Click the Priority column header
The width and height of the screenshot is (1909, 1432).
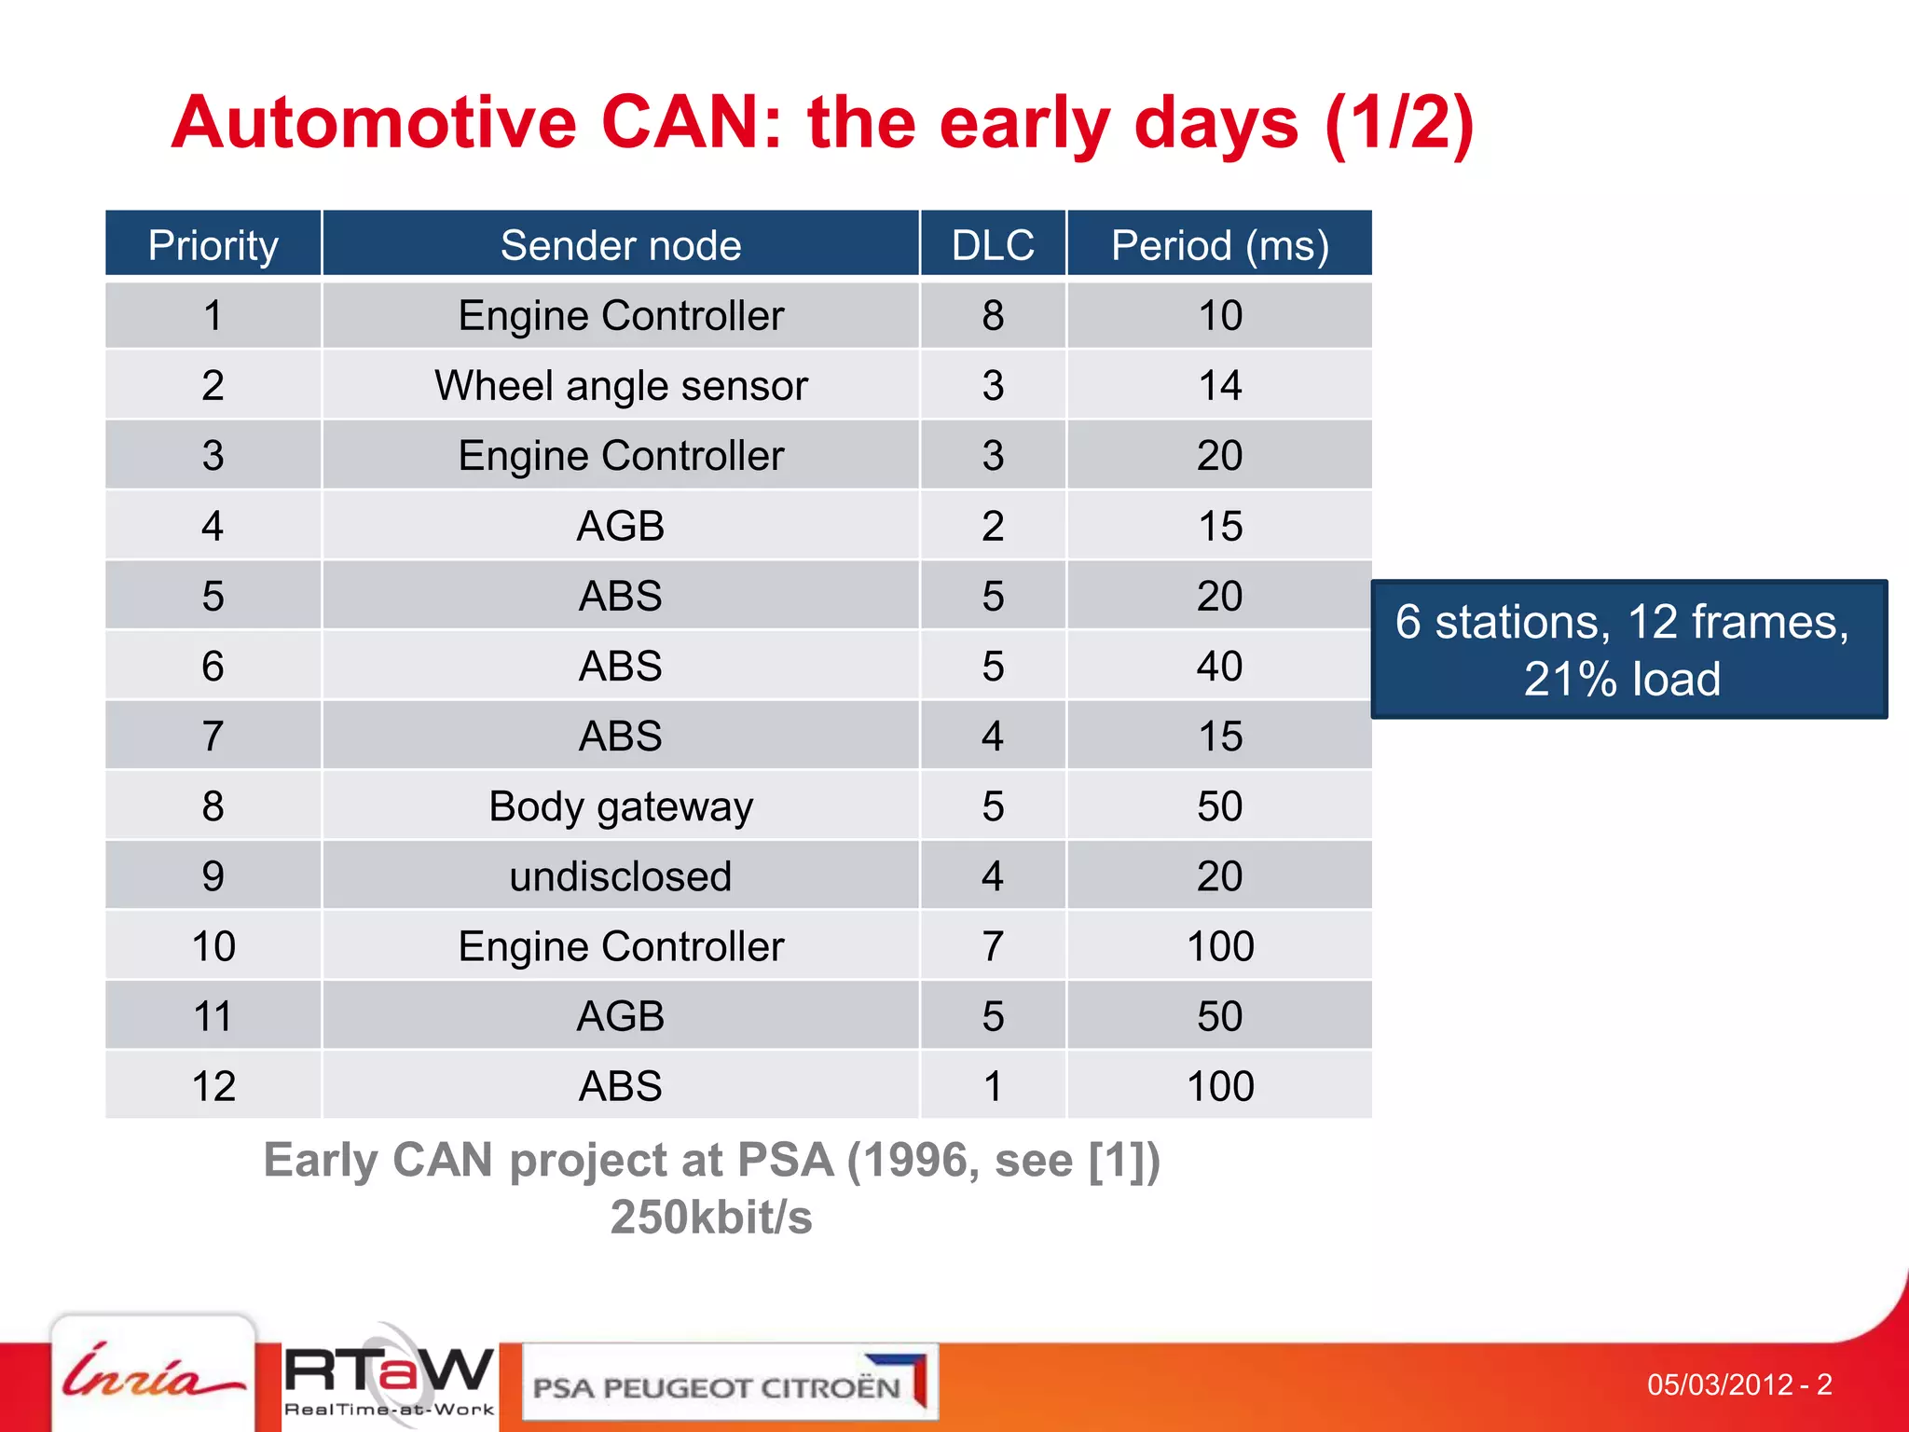click(213, 245)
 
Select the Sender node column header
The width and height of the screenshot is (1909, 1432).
click(621, 245)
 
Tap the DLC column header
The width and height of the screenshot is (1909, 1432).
click(993, 245)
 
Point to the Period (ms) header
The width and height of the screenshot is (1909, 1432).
click(1220, 245)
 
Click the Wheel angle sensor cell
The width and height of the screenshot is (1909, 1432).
click(621, 385)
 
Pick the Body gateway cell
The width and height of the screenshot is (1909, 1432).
click(621, 806)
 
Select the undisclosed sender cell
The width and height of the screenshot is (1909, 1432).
click(621, 876)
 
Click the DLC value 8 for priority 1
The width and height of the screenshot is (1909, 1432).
click(993, 315)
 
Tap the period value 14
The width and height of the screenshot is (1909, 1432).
click(1220, 385)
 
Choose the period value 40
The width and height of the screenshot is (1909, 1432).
click(1220, 666)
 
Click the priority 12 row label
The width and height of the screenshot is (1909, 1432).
click(213, 1086)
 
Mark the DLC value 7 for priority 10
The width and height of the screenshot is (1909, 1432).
click(993, 946)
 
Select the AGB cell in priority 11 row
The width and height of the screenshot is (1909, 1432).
click(621, 1016)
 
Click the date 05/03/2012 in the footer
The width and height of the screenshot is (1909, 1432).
click(1720, 1384)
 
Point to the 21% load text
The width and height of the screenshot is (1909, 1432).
click(1622, 679)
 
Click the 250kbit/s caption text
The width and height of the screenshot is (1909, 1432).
click(711, 1217)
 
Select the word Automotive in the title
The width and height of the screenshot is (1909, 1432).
click(375, 123)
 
